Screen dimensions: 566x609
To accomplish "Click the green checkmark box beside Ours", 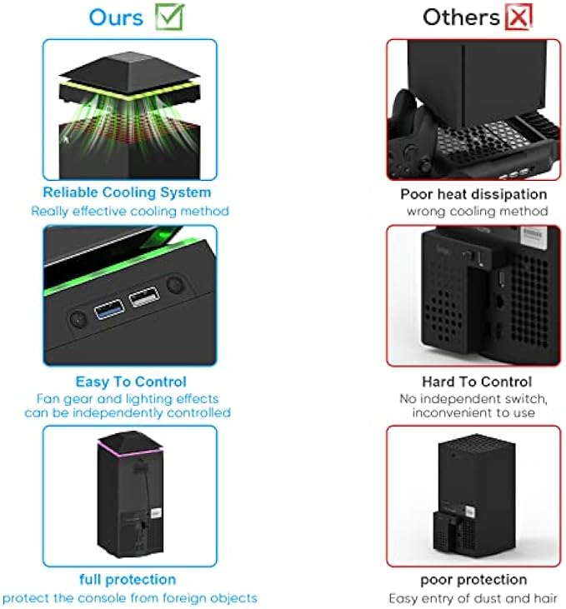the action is point(170,15).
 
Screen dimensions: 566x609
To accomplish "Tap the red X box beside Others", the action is point(518,16).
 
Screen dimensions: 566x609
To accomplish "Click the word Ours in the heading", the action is point(116,17).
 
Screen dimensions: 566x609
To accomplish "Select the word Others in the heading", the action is point(461,17).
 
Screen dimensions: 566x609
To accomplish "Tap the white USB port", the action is point(144,297).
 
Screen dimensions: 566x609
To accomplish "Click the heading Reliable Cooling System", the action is point(127,193).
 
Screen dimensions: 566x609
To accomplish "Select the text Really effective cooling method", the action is point(130,211).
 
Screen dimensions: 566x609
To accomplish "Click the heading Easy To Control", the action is point(131,382).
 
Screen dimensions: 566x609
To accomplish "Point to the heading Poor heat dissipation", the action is point(473,194).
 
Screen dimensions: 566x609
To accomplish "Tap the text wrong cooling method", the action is point(477,211).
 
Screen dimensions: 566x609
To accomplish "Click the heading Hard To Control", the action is point(477,382).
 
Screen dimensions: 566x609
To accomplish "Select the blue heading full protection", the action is point(128,579).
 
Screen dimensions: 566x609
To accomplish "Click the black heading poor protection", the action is point(473,579).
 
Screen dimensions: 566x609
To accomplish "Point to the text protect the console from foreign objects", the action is point(130,597).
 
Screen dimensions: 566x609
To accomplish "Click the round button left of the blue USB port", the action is point(77,317).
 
